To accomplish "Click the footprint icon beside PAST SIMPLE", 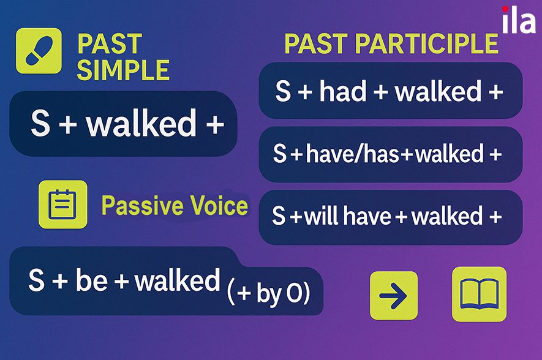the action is [x=39, y=51].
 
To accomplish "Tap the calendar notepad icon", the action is [x=63, y=204].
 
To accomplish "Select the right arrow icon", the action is [x=394, y=295].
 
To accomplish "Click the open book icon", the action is [x=479, y=294].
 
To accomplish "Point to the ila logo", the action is [x=519, y=20].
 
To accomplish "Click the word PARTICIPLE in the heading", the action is [x=426, y=44].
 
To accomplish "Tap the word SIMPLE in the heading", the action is [x=123, y=70].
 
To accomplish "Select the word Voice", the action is [x=219, y=205].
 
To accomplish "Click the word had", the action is [x=342, y=91].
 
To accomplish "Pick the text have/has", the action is [x=353, y=154].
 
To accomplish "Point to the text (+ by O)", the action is [x=268, y=293].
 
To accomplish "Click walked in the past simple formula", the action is [x=141, y=122].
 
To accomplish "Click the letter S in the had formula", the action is [x=283, y=91].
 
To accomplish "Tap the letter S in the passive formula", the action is [x=37, y=280].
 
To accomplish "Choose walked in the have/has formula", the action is [x=450, y=154].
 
